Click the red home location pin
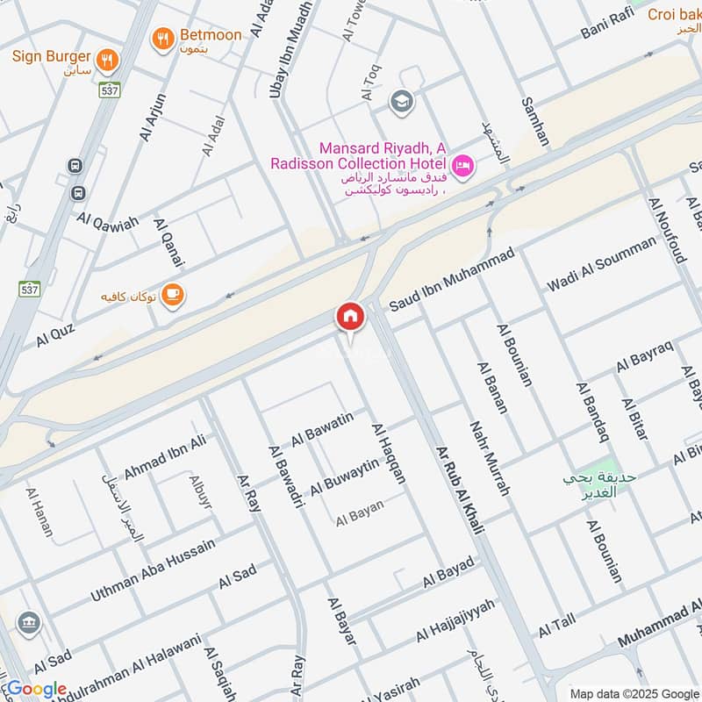coord(349,318)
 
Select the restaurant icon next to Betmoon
coord(162,37)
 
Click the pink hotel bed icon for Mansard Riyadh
coord(462,165)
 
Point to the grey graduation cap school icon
coord(402,101)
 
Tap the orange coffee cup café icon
coord(173,295)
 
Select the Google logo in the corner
coord(37,689)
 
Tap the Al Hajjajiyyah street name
coord(455,620)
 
